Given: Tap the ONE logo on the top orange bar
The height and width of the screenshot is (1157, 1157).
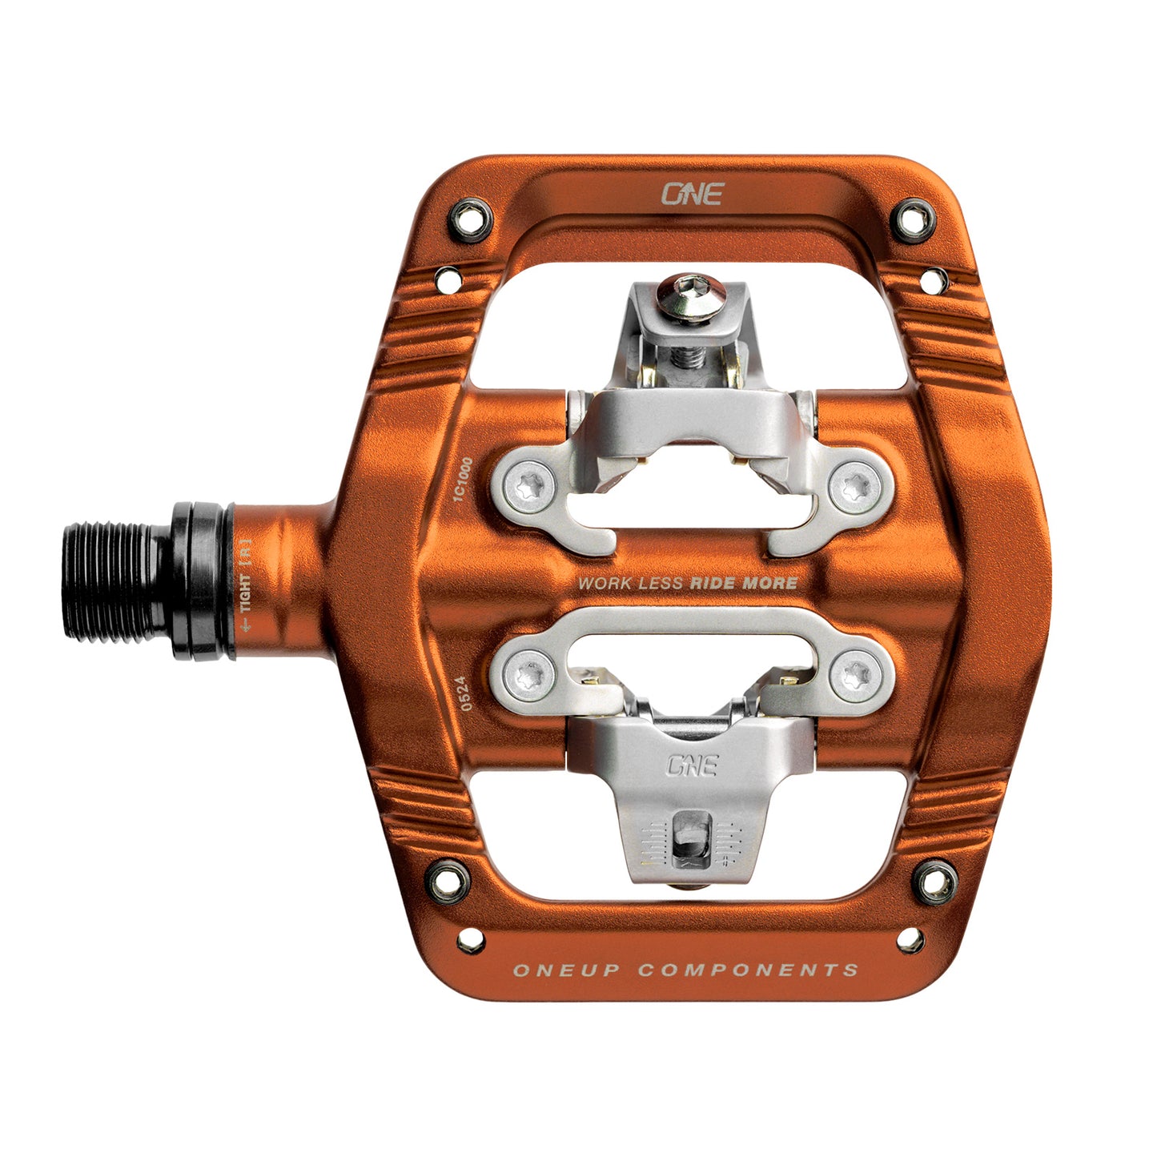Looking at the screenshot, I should click(x=692, y=194).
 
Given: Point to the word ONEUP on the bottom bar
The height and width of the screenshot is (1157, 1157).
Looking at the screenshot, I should click(x=567, y=970).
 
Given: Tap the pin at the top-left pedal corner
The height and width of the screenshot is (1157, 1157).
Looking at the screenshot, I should click(x=472, y=216).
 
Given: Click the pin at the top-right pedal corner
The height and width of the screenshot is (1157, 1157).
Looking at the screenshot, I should click(x=914, y=216).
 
